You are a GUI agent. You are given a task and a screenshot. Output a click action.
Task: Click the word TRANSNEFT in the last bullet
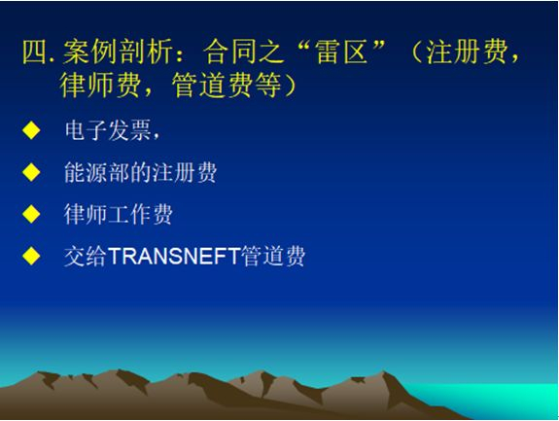[174, 256]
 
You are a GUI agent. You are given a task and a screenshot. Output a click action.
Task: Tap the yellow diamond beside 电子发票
[31, 130]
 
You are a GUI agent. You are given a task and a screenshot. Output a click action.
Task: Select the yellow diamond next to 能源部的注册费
[31, 172]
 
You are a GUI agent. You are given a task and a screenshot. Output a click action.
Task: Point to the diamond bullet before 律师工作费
[31, 214]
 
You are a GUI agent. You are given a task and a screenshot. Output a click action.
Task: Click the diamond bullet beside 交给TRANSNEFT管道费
[31, 256]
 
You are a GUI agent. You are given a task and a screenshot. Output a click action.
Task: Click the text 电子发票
[108, 130]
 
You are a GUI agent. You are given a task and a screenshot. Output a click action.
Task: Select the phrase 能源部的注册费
[140, 172]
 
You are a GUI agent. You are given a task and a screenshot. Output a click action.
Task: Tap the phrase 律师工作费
[119, 214]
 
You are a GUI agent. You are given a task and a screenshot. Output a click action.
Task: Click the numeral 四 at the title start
[35, 53]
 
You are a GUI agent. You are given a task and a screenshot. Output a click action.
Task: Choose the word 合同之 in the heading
[243, 53]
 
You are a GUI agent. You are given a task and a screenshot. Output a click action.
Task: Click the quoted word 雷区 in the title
[341, 53]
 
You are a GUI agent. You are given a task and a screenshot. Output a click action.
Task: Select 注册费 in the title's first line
[467, 53]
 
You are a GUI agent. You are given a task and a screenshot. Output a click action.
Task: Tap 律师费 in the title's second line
[100, 86]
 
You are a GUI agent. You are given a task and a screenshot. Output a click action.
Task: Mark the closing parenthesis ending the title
[290, 86]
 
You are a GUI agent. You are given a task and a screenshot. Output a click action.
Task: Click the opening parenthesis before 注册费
[417, 53]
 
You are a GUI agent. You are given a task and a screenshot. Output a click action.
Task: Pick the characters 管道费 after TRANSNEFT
[273, 256]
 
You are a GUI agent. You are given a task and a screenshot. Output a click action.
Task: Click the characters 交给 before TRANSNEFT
[86, 256]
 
